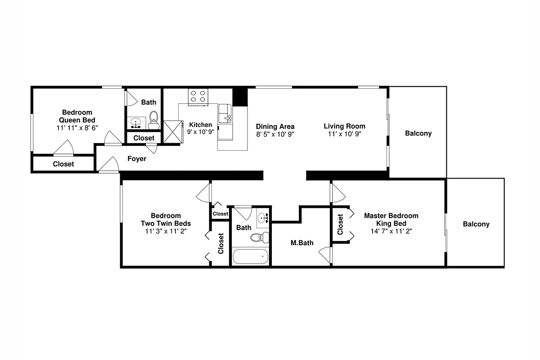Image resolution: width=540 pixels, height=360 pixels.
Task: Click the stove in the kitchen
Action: [x=198, y=97]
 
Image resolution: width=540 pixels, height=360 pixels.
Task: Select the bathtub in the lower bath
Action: [x=251, y=256]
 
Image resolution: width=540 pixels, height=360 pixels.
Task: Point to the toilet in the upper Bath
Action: [x=153, y=120]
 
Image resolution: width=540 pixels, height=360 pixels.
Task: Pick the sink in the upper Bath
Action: [x=136, y=123]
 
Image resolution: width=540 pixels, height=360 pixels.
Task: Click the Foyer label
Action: [x=137, y=159]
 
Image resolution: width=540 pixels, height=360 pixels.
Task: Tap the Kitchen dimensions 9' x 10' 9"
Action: [x=201, y=132]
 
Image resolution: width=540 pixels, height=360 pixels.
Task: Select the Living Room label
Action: [x=345, y=126]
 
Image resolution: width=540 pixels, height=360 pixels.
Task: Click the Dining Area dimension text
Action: [x=275, y=134]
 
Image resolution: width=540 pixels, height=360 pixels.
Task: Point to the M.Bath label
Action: [x=302, y=243]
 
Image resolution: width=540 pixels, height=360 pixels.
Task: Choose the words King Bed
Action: [x=391, y=223]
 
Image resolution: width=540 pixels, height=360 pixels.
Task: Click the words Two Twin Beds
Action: [x=166, y=223]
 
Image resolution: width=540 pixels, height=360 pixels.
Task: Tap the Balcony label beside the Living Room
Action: [x=418, y=133]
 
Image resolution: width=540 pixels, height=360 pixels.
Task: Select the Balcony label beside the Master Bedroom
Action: [x=476, y=224]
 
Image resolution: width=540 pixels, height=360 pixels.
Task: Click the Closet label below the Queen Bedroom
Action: [x=63, y=164]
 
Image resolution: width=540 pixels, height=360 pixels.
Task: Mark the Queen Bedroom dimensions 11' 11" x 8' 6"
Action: [x=77, y=128]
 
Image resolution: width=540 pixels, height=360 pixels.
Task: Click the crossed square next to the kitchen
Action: [x=173, y=132]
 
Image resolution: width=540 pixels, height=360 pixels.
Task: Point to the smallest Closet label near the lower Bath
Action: [x=220, y=214]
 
